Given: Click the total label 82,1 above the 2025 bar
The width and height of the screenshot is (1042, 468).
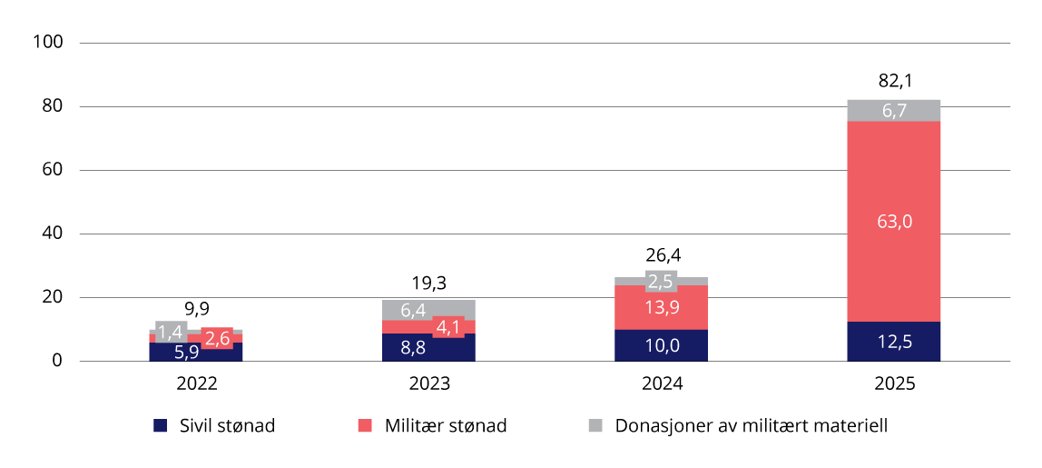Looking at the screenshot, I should point(893,82).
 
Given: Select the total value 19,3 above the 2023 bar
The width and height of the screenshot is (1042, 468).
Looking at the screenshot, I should point(428,283).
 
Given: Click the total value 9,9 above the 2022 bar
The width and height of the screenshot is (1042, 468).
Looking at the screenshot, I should point(195,309).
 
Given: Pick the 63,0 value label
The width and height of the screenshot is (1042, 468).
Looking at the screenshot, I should point(893,219).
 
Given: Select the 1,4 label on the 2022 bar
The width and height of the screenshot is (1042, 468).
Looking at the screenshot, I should point(171,333).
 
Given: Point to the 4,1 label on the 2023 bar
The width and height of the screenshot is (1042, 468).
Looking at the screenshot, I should point(448,326).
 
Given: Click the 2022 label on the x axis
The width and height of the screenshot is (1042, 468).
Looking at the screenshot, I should point(195,384).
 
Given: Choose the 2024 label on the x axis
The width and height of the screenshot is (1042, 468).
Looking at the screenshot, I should point(661,384).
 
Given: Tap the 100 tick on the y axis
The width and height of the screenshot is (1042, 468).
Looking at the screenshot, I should point(46,43).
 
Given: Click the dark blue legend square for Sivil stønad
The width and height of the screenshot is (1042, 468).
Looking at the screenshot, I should point(161,425).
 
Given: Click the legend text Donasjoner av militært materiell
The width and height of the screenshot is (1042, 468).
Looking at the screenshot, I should point(751,425).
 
